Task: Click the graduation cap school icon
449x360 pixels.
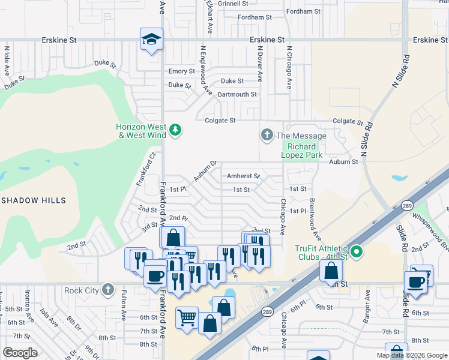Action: (x=151, y=40)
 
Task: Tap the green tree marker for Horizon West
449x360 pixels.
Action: (x=175, y=130)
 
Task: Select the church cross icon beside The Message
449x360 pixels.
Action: (x=267, y=136)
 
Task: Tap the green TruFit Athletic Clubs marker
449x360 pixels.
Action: (x=357, y=253)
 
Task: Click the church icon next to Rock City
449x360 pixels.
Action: (x=107, y=290)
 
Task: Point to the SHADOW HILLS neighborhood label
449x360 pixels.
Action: (x=32, y=200)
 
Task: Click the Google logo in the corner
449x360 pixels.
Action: (x=20, y=353)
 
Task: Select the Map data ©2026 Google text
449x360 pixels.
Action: (x=411, y=355)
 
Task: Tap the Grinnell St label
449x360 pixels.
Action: (x=233, y=4)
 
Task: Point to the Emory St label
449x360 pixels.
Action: (x=181, y=71)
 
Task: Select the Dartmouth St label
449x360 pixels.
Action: (x=237, y=94)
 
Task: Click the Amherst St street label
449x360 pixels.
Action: (x=243, y=176)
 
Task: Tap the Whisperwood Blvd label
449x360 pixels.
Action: (x=435, y=236)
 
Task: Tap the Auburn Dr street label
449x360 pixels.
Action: (x=205, y=172)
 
